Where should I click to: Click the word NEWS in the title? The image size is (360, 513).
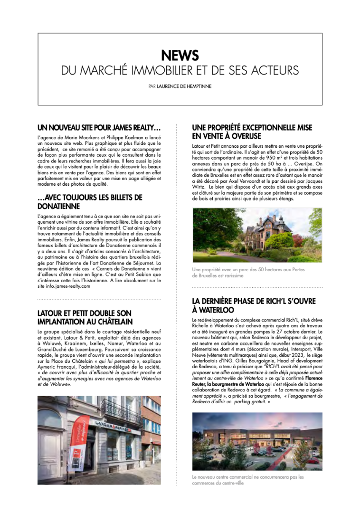pos(180,56)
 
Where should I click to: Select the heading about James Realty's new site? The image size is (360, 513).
pos(99,128)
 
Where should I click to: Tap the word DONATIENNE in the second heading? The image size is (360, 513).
pos(59,206)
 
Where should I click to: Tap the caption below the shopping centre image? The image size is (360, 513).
pos(247,480)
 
